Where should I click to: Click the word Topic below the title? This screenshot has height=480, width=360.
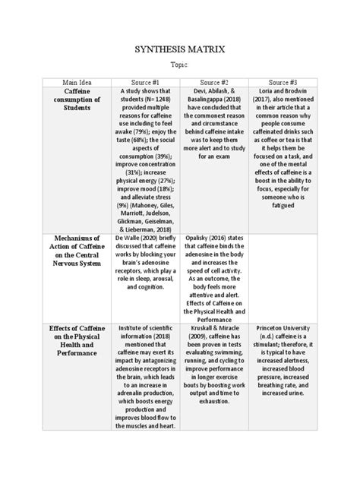coord(179,67)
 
